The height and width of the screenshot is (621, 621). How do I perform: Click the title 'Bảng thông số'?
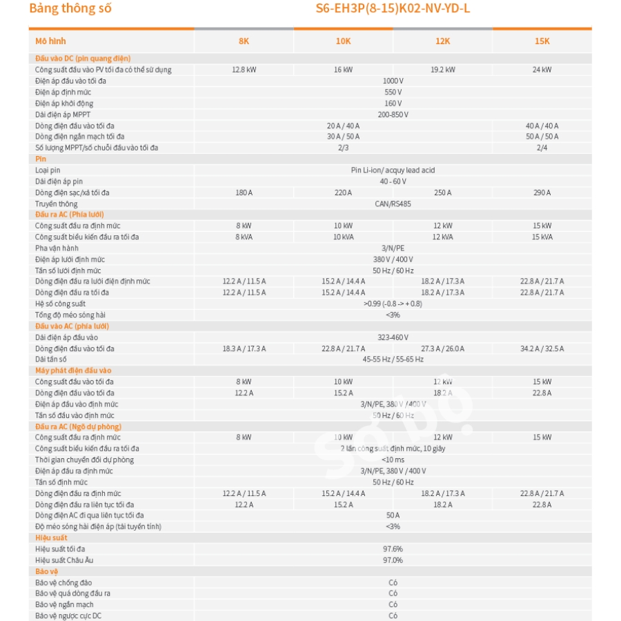[x=70, y=9]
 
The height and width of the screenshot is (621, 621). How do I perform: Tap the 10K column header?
[x=343, y=41]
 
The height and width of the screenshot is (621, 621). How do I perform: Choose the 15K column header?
[x=542, y=41]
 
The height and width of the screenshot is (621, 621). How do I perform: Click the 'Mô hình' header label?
[x=50, y=41]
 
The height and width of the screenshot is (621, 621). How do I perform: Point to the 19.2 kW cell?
[x=442, y=70]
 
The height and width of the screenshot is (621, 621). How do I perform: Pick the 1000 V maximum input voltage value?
[x=393, y=81]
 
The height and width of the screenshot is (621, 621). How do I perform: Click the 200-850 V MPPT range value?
[x=393, y=115]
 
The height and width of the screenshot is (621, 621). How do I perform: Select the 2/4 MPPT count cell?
[x=542, y=148]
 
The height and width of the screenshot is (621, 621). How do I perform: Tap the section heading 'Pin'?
[x=41, y=159]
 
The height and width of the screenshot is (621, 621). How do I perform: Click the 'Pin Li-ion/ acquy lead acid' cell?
[x=393, y=170]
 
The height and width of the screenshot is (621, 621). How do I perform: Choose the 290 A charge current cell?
[x=542, y=193]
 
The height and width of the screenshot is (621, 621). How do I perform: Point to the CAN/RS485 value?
[x=393, y=204]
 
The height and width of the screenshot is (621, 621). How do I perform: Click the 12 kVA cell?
[x=442, y=237]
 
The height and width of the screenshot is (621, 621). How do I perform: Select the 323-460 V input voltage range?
[x=393, y=337]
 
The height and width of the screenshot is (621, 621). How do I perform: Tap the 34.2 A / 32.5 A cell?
[x=542, y=348]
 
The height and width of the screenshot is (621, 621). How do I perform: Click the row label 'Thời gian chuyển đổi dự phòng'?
[x=85, y=460]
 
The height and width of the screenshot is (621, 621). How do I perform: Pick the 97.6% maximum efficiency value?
[x=393, y=549]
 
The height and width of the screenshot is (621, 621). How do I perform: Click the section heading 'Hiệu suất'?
[x=51, y=538]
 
